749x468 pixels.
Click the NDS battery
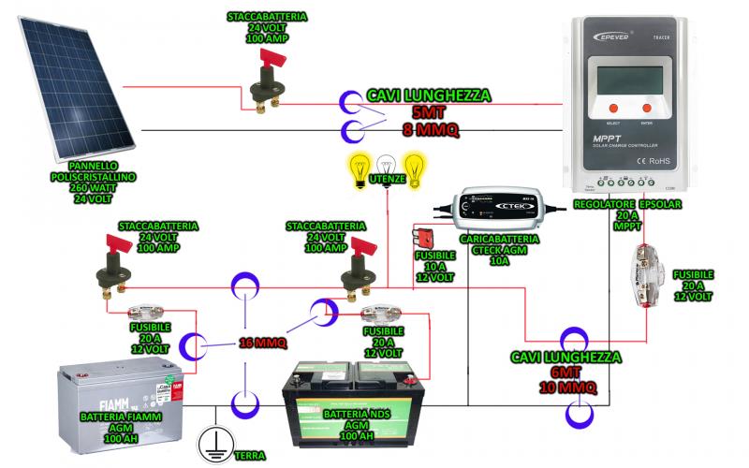[x=357, y=403]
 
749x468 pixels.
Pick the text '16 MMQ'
[x=263, y=342]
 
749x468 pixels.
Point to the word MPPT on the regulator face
[x=600, y=141]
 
